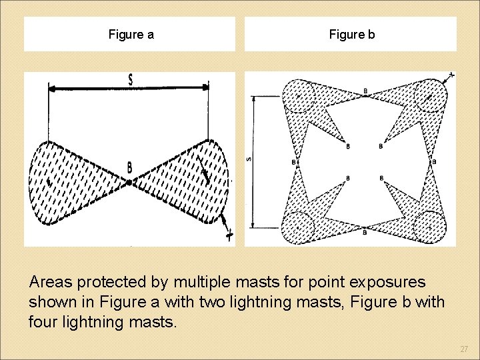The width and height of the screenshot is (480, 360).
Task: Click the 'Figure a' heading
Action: point(131,35)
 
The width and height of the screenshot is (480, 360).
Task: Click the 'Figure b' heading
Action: point(351,35)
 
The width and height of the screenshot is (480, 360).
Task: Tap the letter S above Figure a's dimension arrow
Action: point(131,79)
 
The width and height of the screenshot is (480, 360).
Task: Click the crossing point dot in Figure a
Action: point(129,181)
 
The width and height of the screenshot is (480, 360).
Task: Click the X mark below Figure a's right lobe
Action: point(229,234)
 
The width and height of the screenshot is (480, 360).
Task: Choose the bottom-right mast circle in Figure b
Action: point(429,226)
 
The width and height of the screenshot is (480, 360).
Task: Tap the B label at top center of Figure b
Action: point(365,91)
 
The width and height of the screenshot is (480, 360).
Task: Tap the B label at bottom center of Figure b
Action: point(365,231)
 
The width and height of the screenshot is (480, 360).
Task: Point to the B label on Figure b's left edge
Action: point(294,161)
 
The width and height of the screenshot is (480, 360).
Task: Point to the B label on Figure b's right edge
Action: point(434,161)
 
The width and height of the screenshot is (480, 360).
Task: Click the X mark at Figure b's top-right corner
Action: point(451,76)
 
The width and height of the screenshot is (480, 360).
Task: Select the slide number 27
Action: point(464,349)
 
